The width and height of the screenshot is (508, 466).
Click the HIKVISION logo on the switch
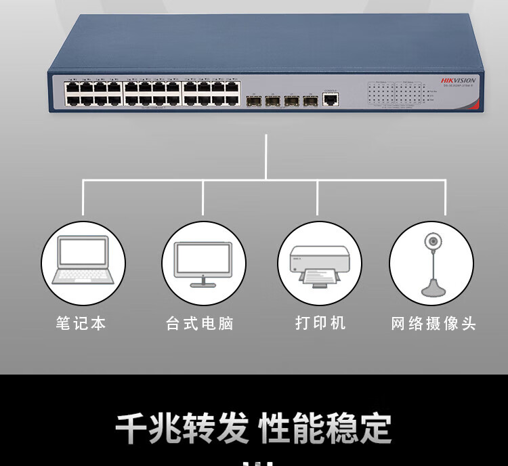point(459,80)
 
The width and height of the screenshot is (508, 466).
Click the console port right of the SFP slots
point(331,100)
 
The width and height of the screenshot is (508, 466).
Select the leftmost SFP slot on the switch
point(253,102)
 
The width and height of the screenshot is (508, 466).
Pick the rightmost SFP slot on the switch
point(310,102)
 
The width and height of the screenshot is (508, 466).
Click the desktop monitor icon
point(203,263)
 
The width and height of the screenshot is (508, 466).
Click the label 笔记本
point(81,323)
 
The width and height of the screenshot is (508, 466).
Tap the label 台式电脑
point(200,323)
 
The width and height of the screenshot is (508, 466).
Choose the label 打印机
point(320,323)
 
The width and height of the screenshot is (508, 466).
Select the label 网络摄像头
point(433,323)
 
